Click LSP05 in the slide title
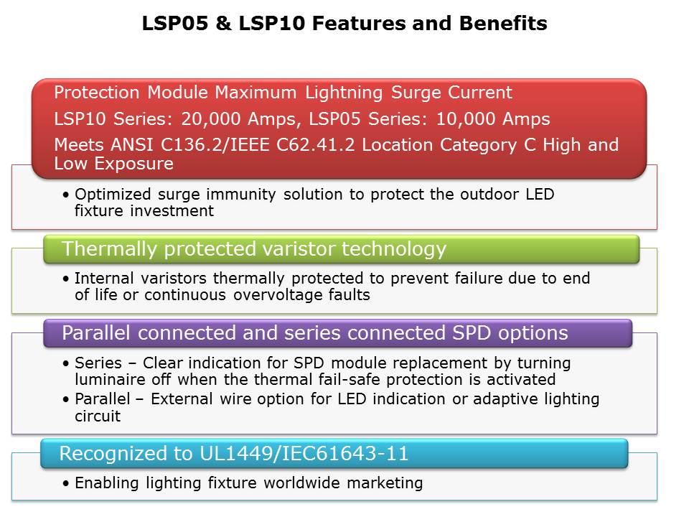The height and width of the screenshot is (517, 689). pyautogui.click(x=175, y=23)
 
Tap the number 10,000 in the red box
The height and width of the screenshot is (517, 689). pyautogui.click(x=466, y=119)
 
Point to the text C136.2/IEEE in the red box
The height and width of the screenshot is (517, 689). pyautogui.click(x=215, y=144)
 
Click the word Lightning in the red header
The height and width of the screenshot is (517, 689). pyautogui.click(x=344, y=93)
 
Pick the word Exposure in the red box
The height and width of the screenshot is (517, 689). pyautogui.click(x=134, y=164)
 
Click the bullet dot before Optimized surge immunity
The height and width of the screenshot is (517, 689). pyautogui.click(x=66, y=195)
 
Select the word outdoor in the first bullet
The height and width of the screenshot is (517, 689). pyautogui.click(x=489, y=194)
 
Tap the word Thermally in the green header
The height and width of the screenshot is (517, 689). pyautogui.click(x=109, y=249)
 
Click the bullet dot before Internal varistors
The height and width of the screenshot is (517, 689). pyautogui.click(x=66, y=279)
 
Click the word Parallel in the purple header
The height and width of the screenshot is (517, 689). pyautogui.click(x=96, y=332)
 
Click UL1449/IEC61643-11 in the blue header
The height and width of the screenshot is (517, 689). pyautogui.click(x=304, y=453)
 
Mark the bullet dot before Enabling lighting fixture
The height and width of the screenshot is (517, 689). pyautogui.click(x=66, y=483)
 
